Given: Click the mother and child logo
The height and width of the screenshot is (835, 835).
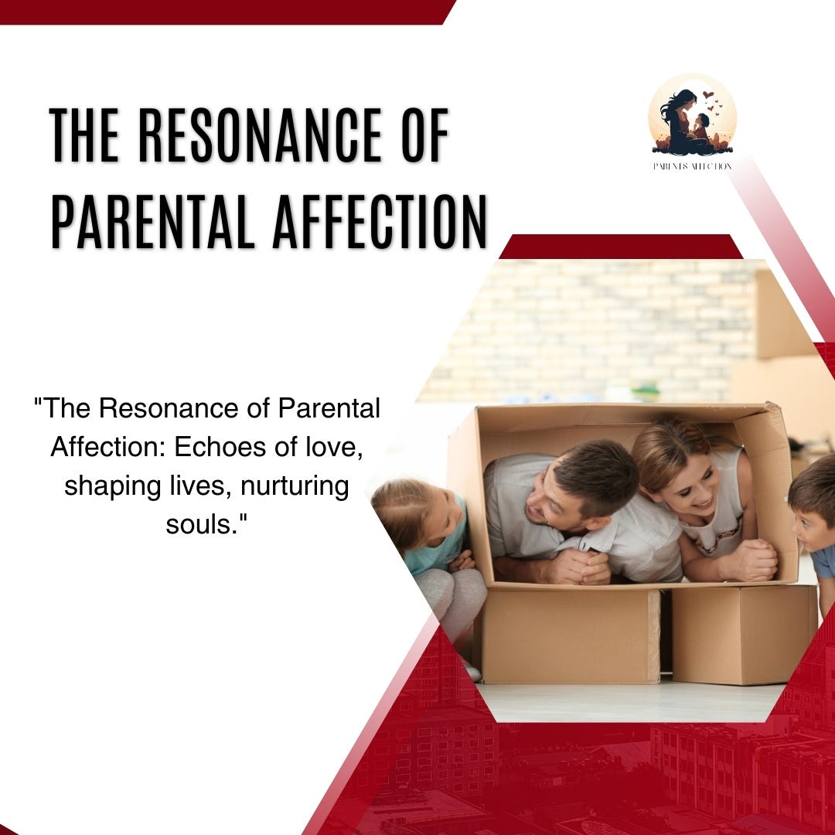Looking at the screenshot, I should coord(692,117).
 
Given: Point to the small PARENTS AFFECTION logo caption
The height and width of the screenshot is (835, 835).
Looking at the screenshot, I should coord(692,166).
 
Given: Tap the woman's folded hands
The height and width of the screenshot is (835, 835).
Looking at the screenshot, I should coord(750,560).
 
